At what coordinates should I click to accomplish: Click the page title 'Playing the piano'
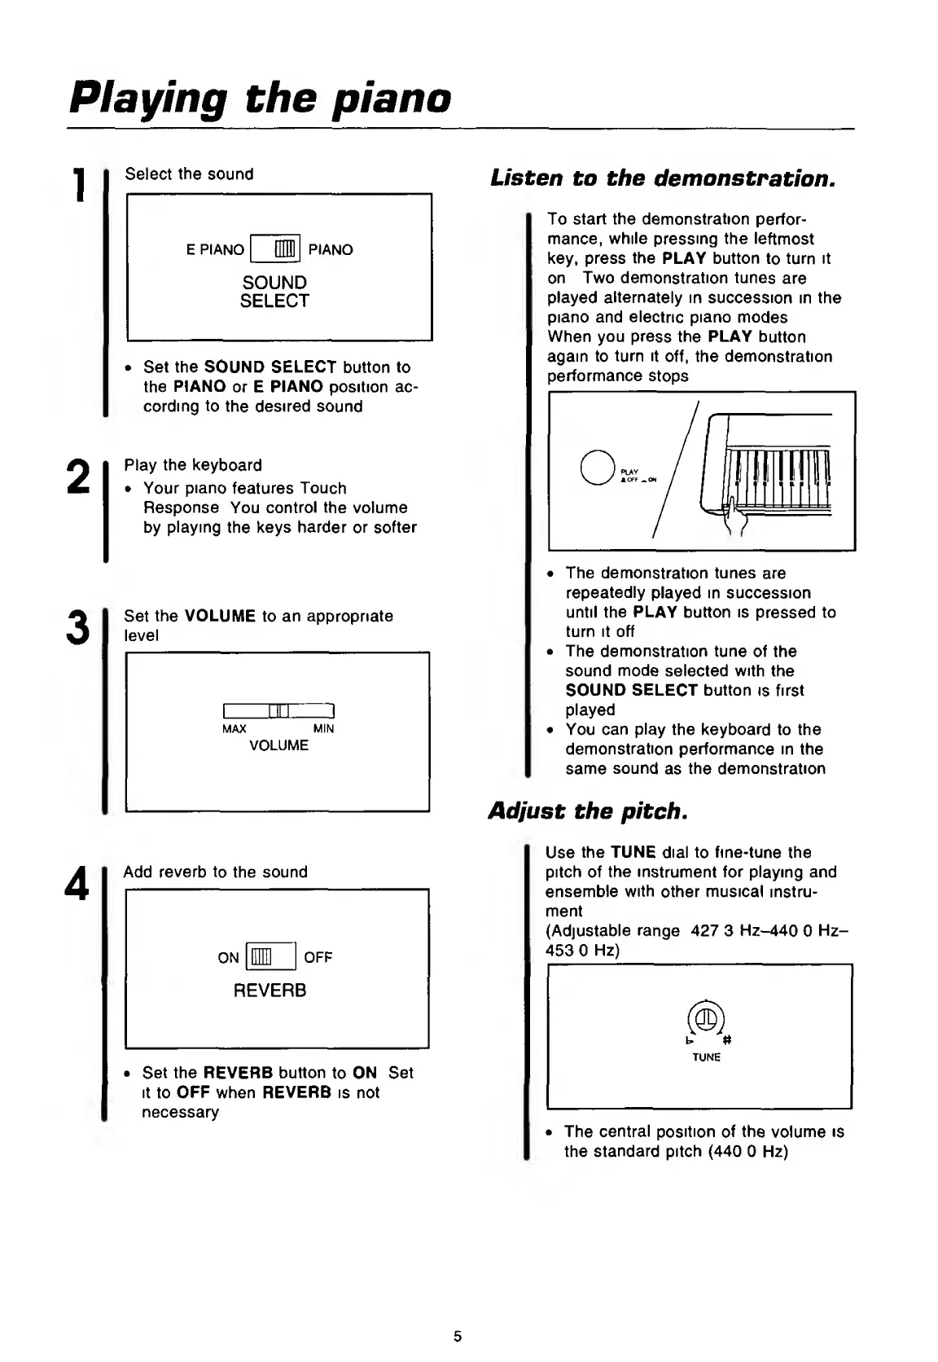tap(260, 99)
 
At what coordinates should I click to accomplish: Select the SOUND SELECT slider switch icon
tap(276, 249)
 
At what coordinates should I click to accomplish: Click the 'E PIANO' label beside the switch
tap(215, 250)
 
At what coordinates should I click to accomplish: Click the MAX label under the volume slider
tap(234, 729)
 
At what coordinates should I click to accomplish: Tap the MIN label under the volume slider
tap(323, 729)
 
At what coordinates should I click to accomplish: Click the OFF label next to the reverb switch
tap(318, 958)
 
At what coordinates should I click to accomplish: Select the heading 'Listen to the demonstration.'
tap(663, 178)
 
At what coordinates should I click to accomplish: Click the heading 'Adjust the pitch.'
tap(587, 811)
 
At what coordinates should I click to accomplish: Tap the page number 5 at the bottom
tap(458, 1336)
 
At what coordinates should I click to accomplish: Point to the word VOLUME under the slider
tap(278, 745)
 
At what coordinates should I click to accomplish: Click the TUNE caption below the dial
tap(707, 1057)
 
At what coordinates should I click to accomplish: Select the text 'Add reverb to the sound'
tap(216, 872)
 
